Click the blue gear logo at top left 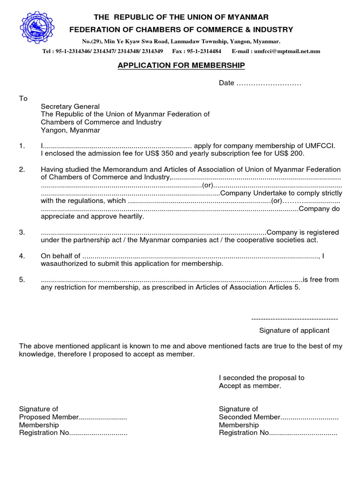point(37,28)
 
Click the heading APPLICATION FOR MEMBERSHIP point(181,65)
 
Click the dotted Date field point(268,83)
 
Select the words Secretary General point(70,106)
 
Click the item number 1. point(22,146)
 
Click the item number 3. point(22,232)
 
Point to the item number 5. point(22,280)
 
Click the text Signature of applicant point(294,330)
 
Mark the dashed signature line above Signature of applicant point(294,319)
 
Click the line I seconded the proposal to point(262,377)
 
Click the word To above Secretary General point(23,98)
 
